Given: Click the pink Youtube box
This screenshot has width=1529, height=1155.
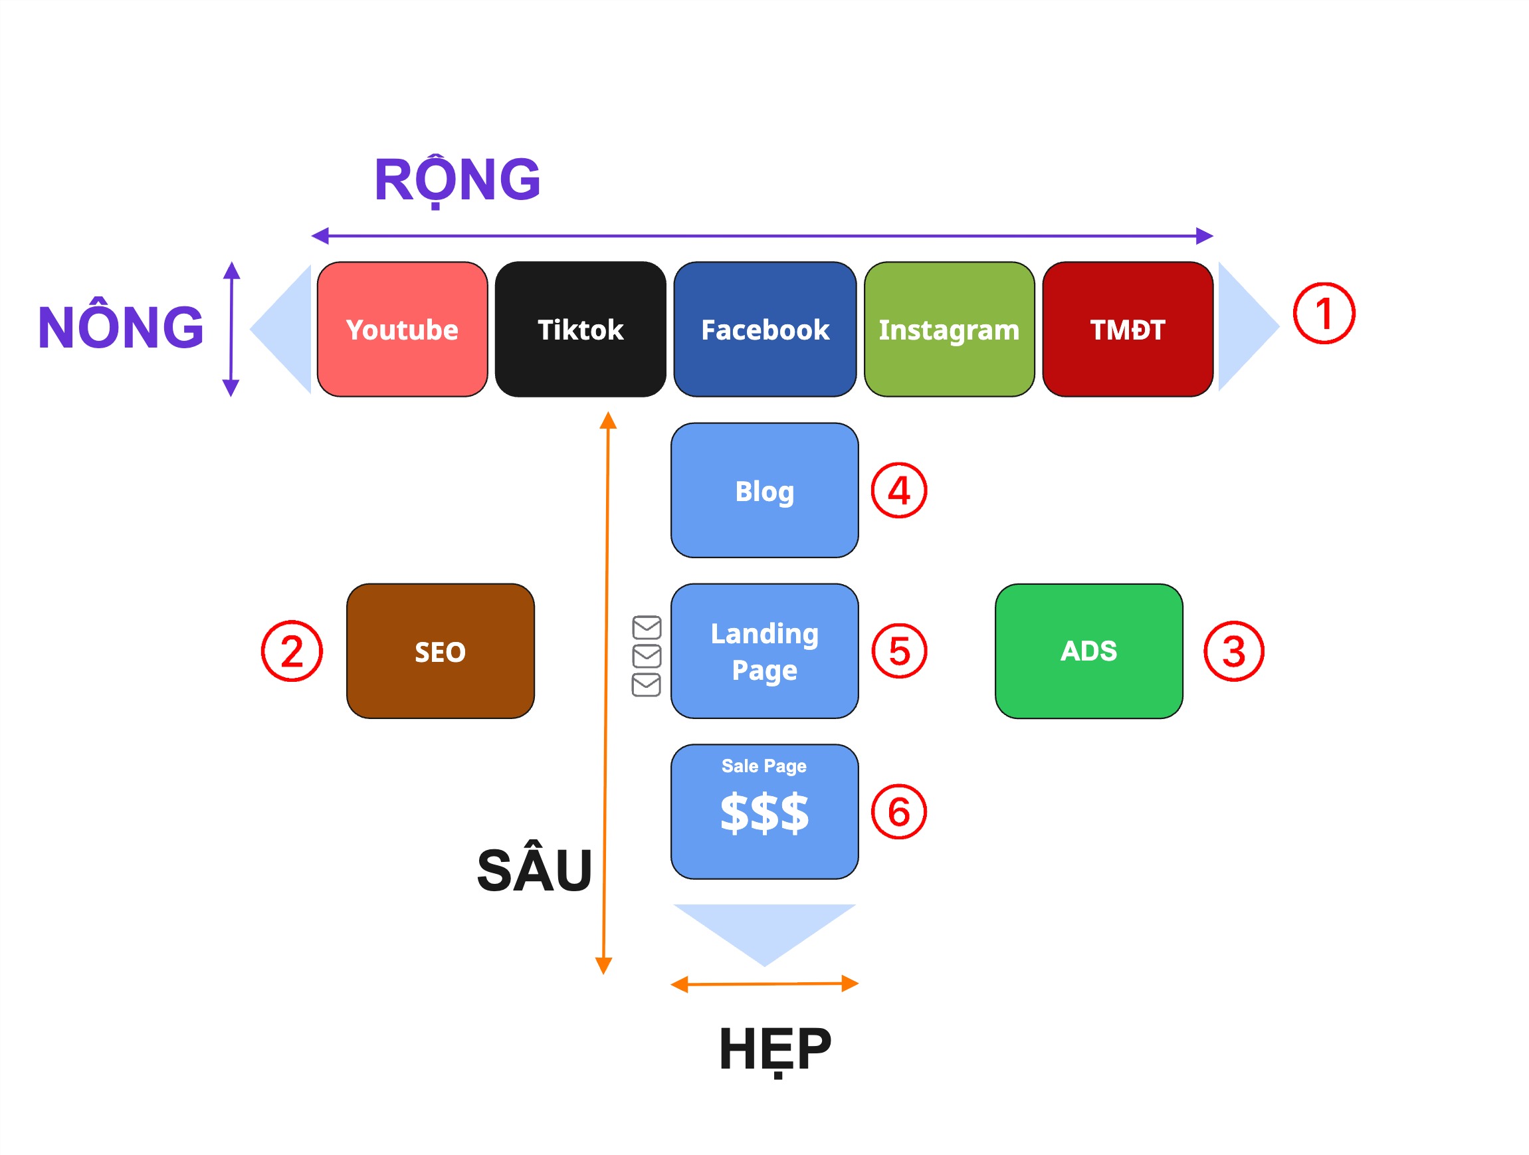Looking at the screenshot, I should tap(402, 329).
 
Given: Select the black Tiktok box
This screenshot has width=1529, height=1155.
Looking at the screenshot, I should tap(580, 329).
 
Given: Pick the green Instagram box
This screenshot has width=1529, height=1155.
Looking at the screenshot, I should tap(948, 329).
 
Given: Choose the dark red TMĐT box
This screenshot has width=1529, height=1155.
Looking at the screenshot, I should tap(1127, 329).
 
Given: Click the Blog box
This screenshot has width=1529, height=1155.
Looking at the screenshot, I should tap(764, 490).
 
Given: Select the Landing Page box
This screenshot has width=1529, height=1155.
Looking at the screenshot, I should tap(764, 651).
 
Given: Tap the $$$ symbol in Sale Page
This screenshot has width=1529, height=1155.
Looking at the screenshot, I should tap(764, 813).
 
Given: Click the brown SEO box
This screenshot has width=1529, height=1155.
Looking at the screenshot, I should tap(440, 651).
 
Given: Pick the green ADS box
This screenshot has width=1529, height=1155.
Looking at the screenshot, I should tap(1088, 651).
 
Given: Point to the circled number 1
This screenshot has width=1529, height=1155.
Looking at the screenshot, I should tap(1323, 313).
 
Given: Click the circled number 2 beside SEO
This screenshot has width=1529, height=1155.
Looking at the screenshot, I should tap(292, 651).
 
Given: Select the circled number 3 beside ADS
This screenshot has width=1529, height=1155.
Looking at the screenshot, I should tap(1233, 651).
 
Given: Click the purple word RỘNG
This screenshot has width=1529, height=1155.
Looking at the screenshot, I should tap(457, 179).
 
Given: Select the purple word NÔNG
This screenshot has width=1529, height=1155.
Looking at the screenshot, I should tap(120, 326).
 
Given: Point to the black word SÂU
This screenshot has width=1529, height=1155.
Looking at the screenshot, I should tap(534, 869).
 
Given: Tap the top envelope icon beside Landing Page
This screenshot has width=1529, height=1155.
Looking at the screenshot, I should tap(647, 627).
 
